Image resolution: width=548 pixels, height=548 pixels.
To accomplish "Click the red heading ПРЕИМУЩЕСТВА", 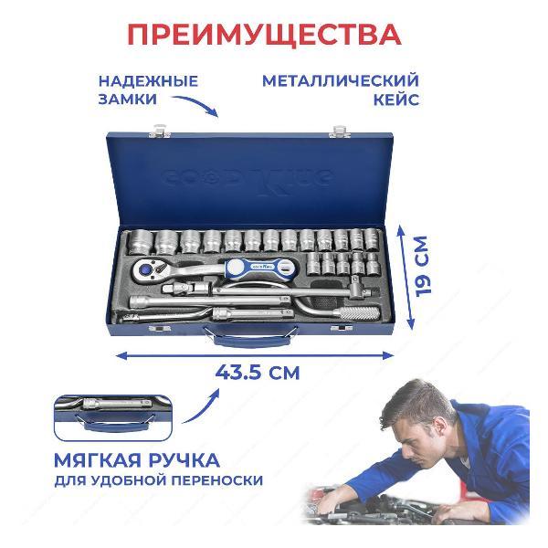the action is click(264, 35).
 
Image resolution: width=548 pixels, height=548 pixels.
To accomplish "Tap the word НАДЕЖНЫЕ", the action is click(148, 81).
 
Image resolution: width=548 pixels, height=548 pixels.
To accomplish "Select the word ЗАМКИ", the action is click(128, 100).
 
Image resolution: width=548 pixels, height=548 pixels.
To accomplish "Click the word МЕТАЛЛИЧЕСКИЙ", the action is click(341, 81).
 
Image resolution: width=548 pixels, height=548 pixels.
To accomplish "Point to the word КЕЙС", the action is click(396, 100).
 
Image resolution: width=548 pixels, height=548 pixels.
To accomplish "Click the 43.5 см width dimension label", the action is click(258, 373).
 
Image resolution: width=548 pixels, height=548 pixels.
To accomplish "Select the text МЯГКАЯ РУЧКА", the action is click(137, 460).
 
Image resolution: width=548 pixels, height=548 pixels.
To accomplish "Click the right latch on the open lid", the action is click(340, 132).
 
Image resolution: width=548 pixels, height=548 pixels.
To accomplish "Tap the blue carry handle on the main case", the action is click(251, 338).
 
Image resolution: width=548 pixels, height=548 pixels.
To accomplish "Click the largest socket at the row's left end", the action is click(139, 242).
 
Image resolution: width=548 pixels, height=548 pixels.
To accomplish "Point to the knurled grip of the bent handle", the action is click(356, 312).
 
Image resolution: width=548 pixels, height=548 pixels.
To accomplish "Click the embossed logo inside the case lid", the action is click(248, 179).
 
